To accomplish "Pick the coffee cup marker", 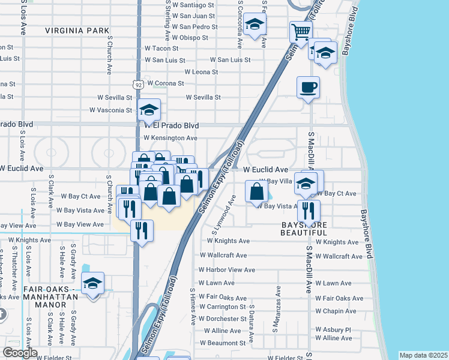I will pyautogui.click(x=308, y=88).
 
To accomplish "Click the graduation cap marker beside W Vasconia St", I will pyautogui.click(x=149, y=110).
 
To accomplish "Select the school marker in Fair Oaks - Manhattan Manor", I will pyautogui.click(x=93, y=284).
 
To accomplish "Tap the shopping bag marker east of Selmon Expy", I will pyautogui.click(x=256, y=191).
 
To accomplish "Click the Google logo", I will pyautogui.click(x=20, y=353).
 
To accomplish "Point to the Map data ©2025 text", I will pyautogui.click(x=424, y=355).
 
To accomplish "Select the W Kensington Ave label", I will pyautogui.click(x=170, y=138).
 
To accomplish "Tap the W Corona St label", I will pyautogui.click(x=165, y=83).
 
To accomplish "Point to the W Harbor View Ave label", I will pyautogui.click(x=222, y=270).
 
